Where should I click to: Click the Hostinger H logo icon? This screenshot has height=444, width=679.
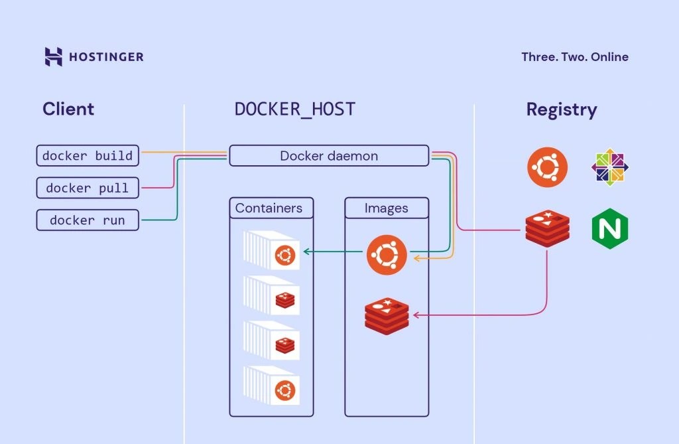[54, 56]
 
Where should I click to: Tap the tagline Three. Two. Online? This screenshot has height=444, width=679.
[574, 57]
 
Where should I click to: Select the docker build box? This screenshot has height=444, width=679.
[88, 156]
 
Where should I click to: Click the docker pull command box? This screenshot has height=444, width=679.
[88, 188]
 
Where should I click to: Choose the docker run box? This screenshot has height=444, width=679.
[88, 220]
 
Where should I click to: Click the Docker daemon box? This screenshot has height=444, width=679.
[329, 156]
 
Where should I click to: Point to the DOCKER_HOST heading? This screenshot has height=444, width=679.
[295, 110]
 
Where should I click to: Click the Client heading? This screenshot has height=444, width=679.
[68, 110]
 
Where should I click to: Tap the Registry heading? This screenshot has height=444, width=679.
[561, 110]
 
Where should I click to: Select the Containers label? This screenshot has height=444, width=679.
[269, 208]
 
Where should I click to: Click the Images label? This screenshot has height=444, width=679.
[386, 208]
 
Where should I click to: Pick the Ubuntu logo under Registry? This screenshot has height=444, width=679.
[548, 167]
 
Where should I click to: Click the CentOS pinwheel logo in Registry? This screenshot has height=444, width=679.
[609, 167]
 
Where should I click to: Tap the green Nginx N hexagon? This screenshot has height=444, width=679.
[609, 229]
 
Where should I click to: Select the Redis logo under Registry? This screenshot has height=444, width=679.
[546, 229]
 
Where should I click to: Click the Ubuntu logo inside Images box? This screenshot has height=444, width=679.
[386, 254]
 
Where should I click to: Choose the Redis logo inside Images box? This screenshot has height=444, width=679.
[387, 316]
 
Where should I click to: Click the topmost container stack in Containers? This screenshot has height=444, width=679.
[272, 250]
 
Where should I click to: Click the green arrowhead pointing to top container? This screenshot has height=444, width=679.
[305, 252]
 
